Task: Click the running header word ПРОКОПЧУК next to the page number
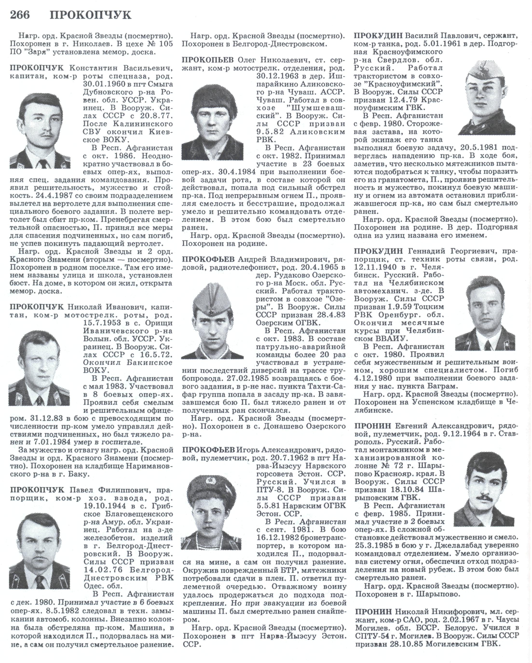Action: [x=91, y=15]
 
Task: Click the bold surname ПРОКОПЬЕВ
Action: [x=208, y=59]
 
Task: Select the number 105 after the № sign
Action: [x=166, y=44]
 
